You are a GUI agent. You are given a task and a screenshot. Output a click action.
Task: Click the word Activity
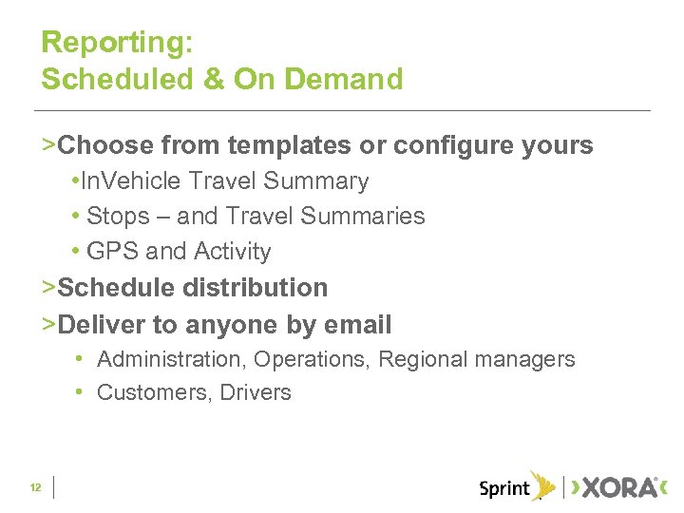(x=233, y=252)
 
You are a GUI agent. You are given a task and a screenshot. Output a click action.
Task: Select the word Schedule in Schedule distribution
(x=117, y=287)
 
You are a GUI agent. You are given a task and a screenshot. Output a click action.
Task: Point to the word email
(x=357, y=325)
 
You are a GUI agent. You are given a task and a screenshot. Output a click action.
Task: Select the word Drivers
(x=256, y=392)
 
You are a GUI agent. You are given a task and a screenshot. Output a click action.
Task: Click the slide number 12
(x=35, y=488)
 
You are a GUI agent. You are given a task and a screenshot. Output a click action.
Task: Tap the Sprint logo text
(x=504, y=489)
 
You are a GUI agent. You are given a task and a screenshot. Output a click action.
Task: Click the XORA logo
(x=617, y=488)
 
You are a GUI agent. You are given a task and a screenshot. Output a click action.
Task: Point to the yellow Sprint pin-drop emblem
(x=543, y=485)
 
